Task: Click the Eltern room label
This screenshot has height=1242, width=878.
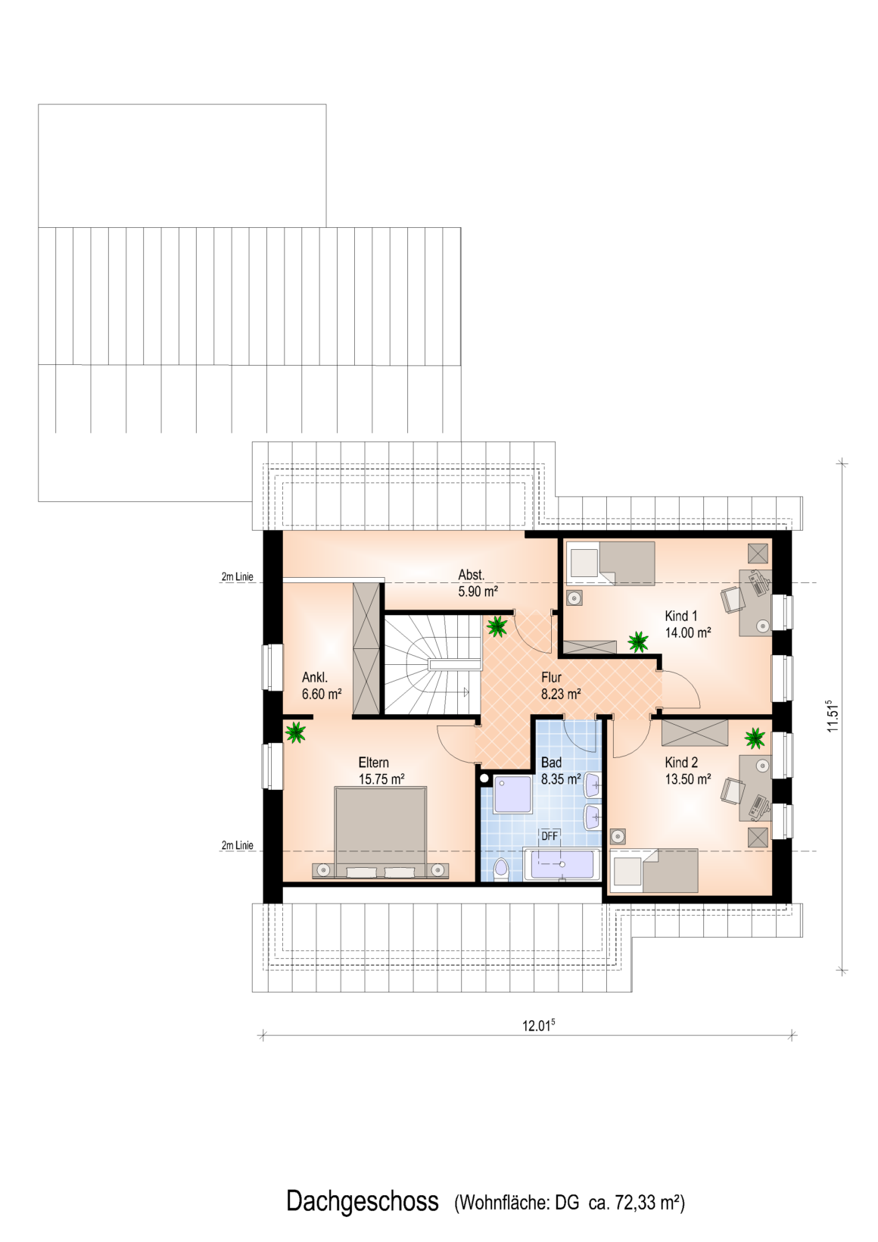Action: [374, 763]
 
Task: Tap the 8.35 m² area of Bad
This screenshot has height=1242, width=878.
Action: [561, 779]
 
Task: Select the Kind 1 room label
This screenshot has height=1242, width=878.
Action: [681, 616]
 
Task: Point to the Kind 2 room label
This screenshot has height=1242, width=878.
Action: [681, 763]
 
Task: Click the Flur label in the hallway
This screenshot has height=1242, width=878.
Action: [552, 677]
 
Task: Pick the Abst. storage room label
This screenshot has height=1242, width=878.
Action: [471, 574]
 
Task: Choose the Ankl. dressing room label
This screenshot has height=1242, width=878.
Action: [315, 677]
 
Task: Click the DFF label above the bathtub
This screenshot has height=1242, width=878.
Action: [550, 835]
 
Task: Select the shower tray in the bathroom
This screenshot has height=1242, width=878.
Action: [513, 794]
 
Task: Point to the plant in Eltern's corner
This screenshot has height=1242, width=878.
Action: [295, 732]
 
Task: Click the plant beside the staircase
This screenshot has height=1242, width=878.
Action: [497, 626]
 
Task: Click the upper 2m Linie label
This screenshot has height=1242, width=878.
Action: [237, 576]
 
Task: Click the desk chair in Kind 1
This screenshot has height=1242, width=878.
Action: [733, 600]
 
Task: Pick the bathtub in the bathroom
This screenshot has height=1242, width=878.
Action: [562, 864]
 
